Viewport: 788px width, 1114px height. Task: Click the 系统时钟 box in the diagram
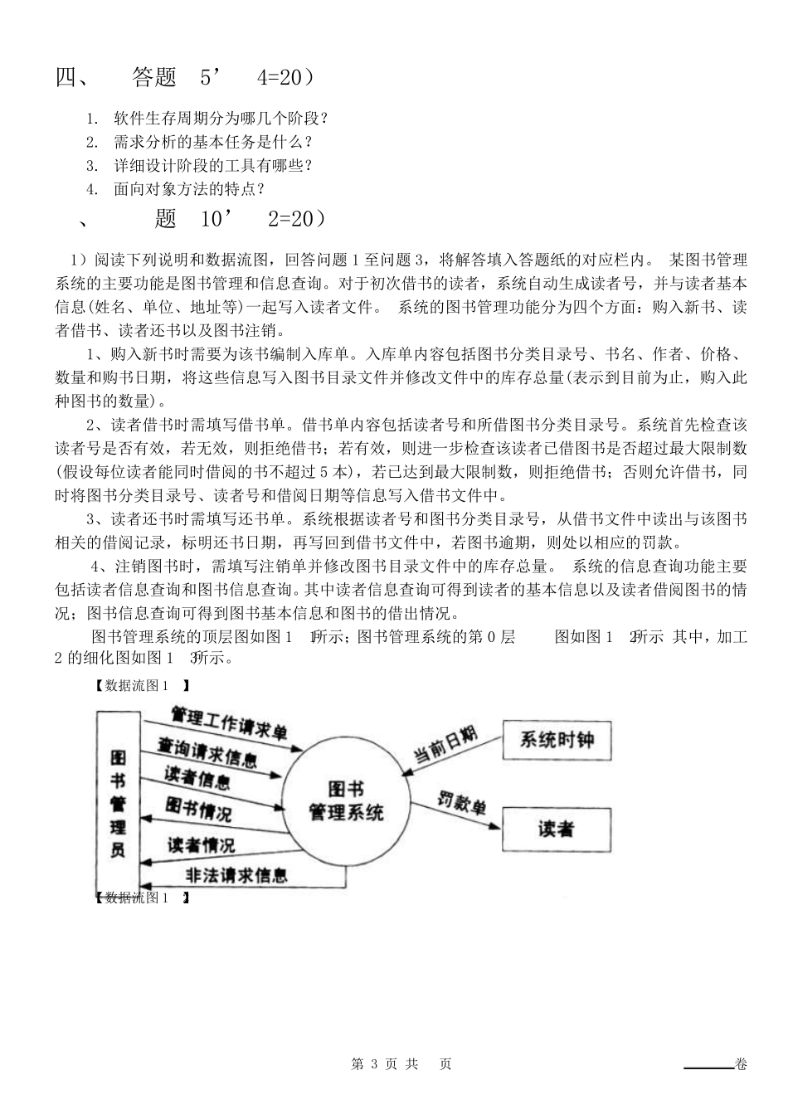click(x=557, y=739)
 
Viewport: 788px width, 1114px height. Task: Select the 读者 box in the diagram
click(x=557, y=829)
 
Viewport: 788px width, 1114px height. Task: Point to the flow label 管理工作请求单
click(x=229, y=722)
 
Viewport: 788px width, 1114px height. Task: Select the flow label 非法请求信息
click(x=236, y=874)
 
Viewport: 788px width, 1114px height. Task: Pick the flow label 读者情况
click(x=201, y=844)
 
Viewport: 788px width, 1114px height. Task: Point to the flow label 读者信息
click(x=197, y=778)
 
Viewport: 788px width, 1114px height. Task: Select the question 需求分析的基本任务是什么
click(x=213, y=142)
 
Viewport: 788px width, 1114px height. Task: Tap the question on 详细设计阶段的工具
click(x=213, y=165)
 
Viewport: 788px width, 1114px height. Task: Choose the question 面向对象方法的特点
click(x=188, y=189)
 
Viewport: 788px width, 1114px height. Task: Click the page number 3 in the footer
click(x=377, y=1064)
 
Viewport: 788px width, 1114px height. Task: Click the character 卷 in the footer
click(x=740, y=1064)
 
